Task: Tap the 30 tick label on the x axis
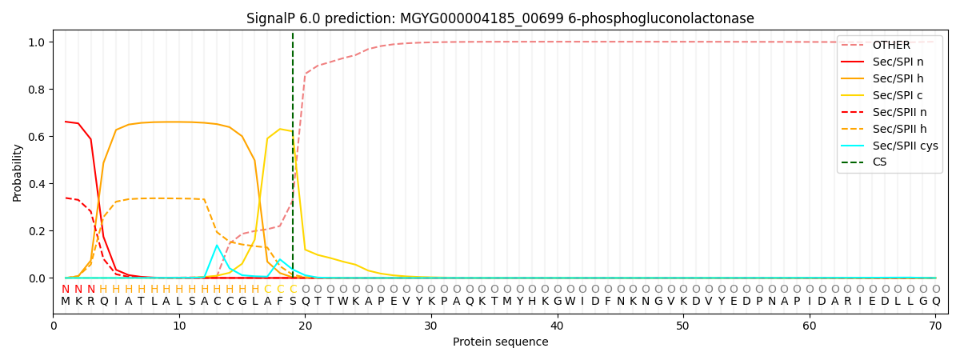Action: click(431, 326)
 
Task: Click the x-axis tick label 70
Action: click(935, 326)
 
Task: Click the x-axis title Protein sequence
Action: click(501, 342)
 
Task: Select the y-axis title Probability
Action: click(18, 172)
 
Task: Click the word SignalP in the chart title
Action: click(273, 18)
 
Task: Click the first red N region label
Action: click(66, 290)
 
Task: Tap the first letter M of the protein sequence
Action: click(66, 302)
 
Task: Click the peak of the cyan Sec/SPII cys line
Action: click(217, 246)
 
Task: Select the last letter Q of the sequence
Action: click(935, 302)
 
